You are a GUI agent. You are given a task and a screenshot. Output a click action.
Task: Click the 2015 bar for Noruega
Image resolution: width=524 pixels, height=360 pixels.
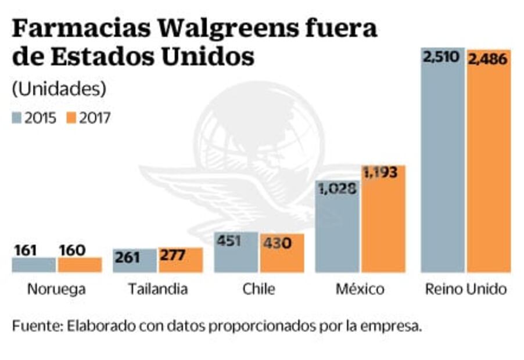coord(34,265)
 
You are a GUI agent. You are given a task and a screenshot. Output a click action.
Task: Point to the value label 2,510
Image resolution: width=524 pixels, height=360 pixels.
coord(442,57)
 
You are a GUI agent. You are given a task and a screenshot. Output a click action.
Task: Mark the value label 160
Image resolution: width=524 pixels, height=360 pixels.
coord(72,250)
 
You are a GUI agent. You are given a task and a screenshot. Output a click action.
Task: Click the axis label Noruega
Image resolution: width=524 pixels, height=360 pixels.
coord(56,289)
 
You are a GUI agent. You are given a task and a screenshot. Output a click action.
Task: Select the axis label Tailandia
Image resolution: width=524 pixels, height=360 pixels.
coord(158,289)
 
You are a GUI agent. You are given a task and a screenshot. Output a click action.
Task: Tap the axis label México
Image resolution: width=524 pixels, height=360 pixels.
coord(360,289)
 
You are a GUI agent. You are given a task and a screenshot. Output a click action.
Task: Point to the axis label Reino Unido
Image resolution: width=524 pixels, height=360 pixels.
coord(466,289)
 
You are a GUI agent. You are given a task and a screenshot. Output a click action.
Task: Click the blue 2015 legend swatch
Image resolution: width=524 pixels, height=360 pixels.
coord(17,118)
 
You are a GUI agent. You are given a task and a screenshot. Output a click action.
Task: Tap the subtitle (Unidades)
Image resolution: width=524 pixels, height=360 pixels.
coord(59,89)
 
